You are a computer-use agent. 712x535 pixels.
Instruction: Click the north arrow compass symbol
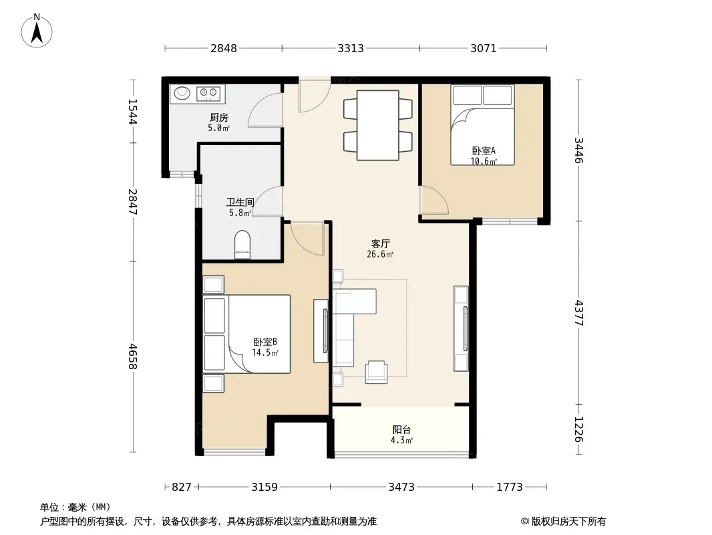pyautogui.click(x=37, y=31)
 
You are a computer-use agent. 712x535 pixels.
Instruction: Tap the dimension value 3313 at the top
pyautogui.click(x=351, y=48)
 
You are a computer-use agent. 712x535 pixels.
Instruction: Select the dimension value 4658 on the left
pyautogui.click(x=133, y=356)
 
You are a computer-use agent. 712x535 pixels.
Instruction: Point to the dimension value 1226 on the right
pyautogui.click(x=578, y=429)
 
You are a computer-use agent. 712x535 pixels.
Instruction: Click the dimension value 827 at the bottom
pyautogui.click(x=182, y=488)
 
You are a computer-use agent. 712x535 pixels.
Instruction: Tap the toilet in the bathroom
pyautogui.click(x=242, y=245)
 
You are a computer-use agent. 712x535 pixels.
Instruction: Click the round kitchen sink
pyautogui.click(x=182, y=93)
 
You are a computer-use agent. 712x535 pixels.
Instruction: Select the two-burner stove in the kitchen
pyautogui.click(x=208, y=94)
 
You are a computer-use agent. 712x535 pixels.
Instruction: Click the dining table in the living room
pyautogui.click(x=378, y=125)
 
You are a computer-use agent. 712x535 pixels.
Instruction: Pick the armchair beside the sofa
pyautogui.click(x=377, y=372)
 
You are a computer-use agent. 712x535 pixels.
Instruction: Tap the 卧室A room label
pyautogui.click(x=484, y=150)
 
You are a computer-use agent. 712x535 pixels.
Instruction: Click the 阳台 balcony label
pyautogui.click(x=401, y=429)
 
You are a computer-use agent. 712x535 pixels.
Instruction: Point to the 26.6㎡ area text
pyautogui.click(x=380, y=255)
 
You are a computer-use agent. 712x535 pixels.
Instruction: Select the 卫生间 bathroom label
pyautogui.click(x=240, y=202)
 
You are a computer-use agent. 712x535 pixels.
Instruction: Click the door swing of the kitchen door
pyautogui.click(x=265, y=110)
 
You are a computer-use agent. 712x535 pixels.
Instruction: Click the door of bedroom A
pyautogui.click(x=433, y=200)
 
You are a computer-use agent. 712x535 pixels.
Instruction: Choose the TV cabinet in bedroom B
pyautogui.click(x=321, y=331)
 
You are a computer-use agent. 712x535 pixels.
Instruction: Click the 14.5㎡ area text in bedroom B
pyautogui.click(x=265, y=352)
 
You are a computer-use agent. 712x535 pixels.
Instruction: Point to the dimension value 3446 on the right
pyautogui.click(x=578, y=150)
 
